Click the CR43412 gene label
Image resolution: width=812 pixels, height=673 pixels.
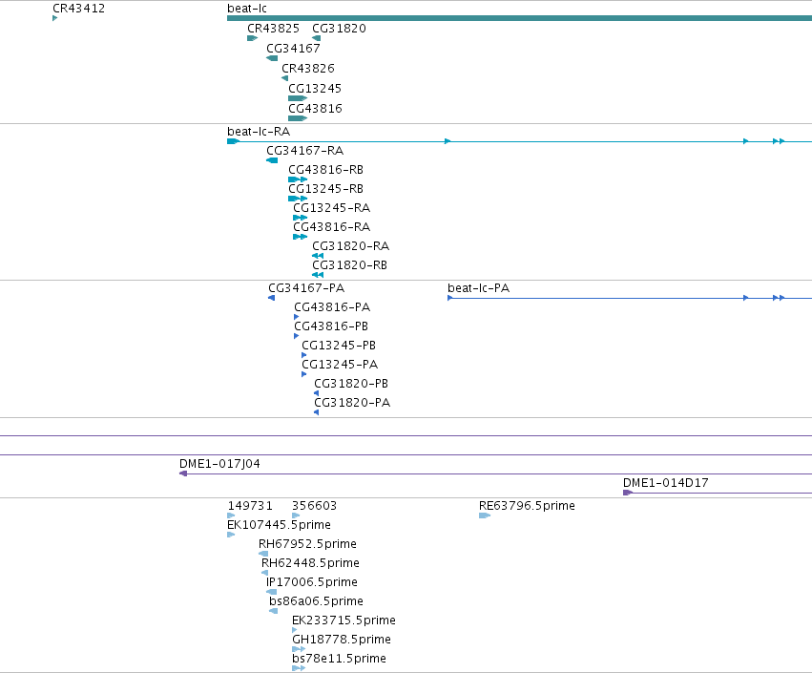[x=78, y=9]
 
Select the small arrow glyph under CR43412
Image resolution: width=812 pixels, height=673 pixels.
[x=55, y=18]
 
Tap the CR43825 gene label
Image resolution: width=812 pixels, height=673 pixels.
[x=273, y=29]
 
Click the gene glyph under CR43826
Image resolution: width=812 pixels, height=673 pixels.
[x=285, y=78]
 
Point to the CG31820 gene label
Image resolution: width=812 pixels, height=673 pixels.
[x=339, y=29]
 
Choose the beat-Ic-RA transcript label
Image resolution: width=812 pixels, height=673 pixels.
[x=259, y=132]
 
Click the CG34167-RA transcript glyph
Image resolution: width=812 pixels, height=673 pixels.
[x=272, y=160]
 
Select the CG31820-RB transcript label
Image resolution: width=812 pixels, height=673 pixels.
[x=349, y=265]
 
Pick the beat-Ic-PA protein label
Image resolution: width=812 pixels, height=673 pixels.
[x=478, y=288]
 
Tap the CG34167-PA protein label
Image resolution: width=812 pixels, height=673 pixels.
[x=306, y=288]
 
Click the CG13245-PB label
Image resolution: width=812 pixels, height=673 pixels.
[x=339, y=346]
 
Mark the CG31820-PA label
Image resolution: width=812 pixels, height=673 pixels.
[x=352, y=403]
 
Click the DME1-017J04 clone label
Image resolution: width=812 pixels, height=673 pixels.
[x=219, y=464]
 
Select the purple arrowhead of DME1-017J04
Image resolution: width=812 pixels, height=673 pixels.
[x=183, y=473]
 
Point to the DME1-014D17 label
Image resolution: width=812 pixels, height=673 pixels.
[x=665, y=483]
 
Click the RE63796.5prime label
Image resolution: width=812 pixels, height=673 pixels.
[x=527, y=506]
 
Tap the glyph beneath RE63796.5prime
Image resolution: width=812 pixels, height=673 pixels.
[x=485, y=515]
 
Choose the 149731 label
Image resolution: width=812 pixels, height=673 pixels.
[x=250, y=506]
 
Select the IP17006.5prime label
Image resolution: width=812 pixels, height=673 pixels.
[x=312, y=582]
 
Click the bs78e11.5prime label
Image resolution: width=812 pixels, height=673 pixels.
[x=339, y=659]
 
